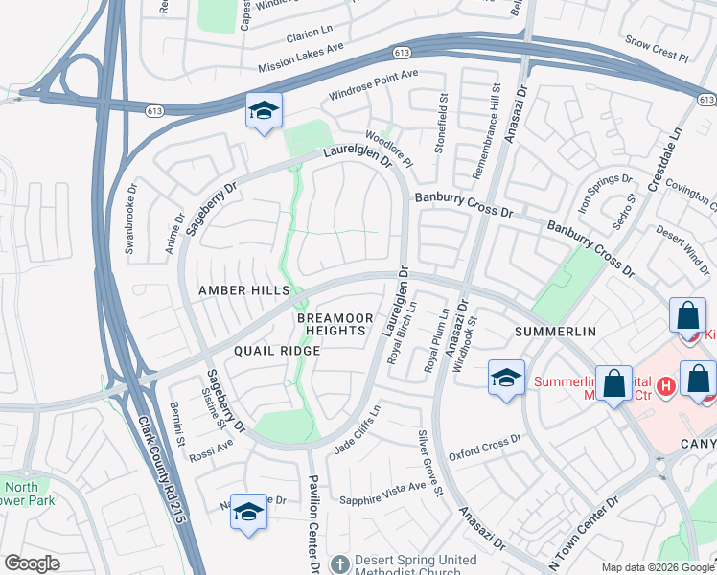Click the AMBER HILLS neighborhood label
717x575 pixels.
click(243, 290)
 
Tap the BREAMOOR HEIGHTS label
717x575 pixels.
click(331, 324)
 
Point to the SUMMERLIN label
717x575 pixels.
click(556, 331)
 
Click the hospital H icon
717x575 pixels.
click(668, 385)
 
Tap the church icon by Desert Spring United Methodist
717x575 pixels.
click(337, 563)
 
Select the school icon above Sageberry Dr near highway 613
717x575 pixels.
click(263, 110)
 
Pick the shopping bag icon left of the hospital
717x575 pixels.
click(613, 383)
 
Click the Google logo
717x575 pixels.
click(32, 563)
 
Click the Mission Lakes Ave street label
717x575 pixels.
click(301, 59)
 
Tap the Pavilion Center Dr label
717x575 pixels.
click(313, 523)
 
